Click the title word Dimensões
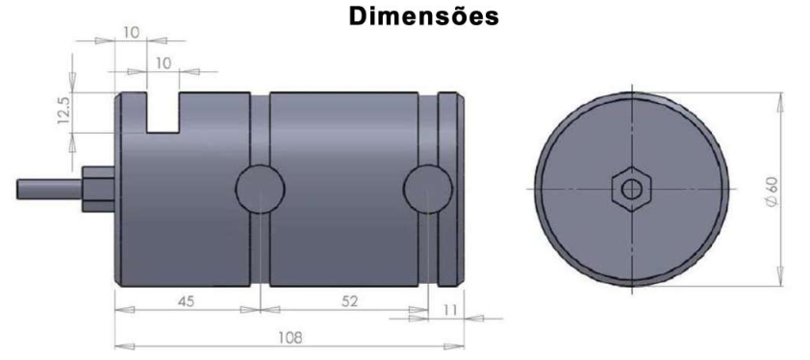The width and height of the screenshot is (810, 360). coord(423,16)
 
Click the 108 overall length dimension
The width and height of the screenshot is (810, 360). coord(291,338)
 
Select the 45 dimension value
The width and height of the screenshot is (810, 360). coord(186,301)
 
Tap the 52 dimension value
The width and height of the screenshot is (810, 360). coord(350,301)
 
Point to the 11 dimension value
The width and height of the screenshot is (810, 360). coord(450,309)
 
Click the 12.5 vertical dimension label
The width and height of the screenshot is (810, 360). coord(63,112)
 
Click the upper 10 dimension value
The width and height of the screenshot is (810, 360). coord(131,33)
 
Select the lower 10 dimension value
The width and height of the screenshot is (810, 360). coord(163,64)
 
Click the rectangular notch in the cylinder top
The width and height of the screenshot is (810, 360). coord(164,113)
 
